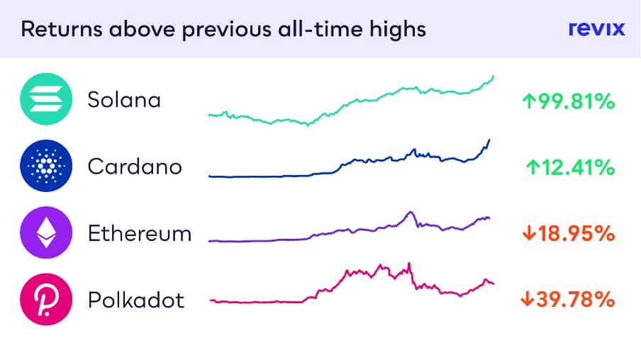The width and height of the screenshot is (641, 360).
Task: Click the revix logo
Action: (x=596, y=28)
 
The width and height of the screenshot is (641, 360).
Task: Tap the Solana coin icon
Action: (x=46, y=99)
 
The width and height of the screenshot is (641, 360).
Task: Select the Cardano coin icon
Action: (x=46, y=166)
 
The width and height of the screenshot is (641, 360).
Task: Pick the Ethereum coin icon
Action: (x=46, y=232)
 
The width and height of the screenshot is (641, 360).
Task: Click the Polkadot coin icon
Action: (x=46, y=299)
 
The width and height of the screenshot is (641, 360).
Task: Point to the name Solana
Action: (x=124, y=100)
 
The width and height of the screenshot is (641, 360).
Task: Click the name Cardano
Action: (x=135, y=167)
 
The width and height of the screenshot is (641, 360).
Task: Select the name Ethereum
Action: (x=140, y=234)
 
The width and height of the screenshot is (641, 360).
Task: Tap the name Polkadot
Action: (x=136, y=300)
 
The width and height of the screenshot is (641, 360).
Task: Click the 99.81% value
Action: (x=576, y=101)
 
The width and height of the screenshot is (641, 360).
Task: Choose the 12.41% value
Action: (x=578, y=167)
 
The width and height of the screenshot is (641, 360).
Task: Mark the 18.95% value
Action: (x=576, y=234)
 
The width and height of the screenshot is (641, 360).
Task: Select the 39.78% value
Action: (x=576, y=300)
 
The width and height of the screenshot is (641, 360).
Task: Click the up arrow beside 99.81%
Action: (x=529, y=101)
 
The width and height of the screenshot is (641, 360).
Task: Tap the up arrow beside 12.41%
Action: (x=533, y=167)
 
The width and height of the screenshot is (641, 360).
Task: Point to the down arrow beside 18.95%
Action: (x=529, y=233)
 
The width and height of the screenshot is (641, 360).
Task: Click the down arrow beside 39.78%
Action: (x=528, y=299)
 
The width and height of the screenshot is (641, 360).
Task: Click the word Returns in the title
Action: (x=61, y=30)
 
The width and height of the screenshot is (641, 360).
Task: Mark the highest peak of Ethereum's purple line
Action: (x=411, y=212)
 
